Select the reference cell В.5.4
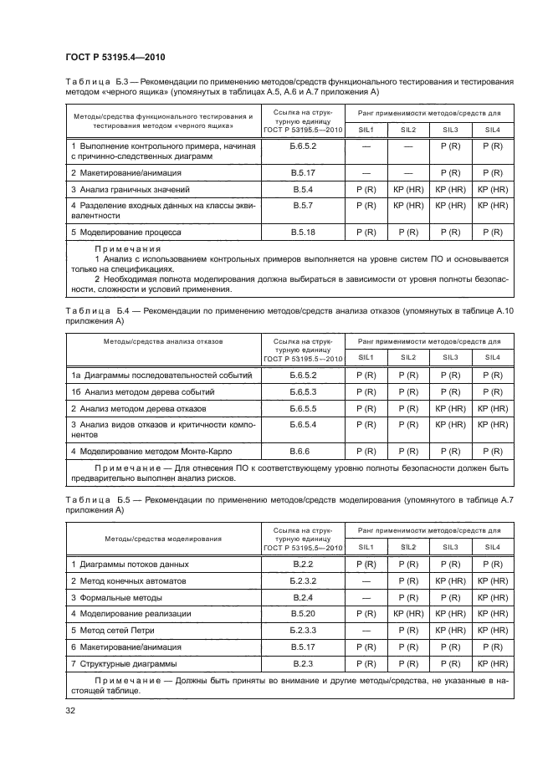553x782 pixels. [303, 190]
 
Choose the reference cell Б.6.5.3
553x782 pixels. [303, 391]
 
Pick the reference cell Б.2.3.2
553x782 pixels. [303, 580]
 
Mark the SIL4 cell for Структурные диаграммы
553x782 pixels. [492, 663]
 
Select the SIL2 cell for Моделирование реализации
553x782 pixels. [408, 613]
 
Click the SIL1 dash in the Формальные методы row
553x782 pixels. [366, 597]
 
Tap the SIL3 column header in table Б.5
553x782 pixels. [450, 546]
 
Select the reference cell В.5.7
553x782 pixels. [303, 205]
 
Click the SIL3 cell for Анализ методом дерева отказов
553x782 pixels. [450, 408]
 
